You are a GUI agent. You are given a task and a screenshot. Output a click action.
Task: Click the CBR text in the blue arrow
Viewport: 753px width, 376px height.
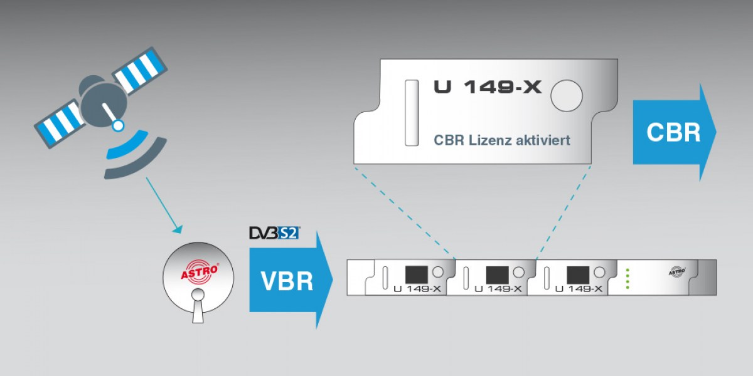click(x=673, y=133)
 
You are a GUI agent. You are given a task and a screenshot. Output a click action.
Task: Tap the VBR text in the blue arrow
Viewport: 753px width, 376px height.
click(x=286, y=280)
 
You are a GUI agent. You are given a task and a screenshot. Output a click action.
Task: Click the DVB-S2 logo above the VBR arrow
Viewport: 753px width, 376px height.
click(x=274, y=234)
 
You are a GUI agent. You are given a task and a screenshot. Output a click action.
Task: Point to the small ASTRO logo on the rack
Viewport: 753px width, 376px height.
click(x=676, y=271)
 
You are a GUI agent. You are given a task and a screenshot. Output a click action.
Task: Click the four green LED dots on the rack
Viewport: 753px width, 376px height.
click(x=627, y=278)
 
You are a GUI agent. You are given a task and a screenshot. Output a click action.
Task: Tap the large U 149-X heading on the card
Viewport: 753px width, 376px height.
click(x=487, y=87)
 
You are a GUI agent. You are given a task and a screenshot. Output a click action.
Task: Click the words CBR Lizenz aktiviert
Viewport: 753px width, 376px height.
click(x=502, y=140)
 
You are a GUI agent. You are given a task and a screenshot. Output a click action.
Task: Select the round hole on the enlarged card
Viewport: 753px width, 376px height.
click(x=566, y=96)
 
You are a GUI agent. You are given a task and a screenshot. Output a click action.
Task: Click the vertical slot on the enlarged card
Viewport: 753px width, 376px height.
click(x=412, y=113)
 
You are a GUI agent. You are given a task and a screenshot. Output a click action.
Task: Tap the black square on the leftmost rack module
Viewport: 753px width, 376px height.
click(x=416, y=274)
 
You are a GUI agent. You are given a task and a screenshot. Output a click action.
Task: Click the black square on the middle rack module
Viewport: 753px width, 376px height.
click(x=497, y=274)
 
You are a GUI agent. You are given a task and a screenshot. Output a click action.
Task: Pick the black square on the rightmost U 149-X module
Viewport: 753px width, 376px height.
click(x=577, y=274)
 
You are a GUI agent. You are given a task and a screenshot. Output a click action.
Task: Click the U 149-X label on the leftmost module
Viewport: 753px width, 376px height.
click(x=418, y=289)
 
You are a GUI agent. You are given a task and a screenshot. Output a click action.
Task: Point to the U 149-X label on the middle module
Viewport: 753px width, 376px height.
click(x=498, y=289)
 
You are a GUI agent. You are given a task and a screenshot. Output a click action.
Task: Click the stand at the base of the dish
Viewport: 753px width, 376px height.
click(x=199, y=310)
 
